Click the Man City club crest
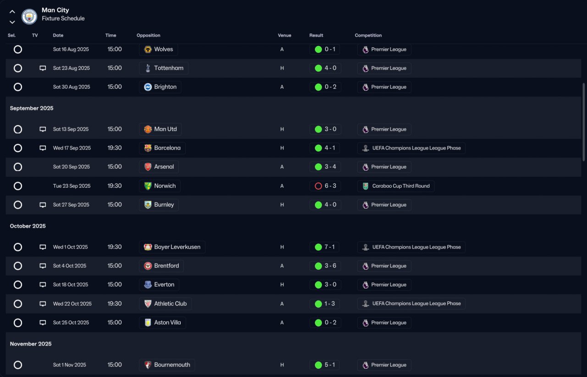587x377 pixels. (x=29, y=17)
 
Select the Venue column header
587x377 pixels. (x=284, y=35)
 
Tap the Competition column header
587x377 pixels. (x=368, y=35)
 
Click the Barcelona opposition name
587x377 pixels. (x=167, y=148)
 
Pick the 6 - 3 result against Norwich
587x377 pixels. (x=330, y=186)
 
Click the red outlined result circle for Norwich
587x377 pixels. (x=318, y=186)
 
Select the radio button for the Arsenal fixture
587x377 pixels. (x=18, y=167)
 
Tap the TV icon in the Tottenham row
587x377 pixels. (x=43, y=68)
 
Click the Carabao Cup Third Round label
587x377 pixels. (x=401, y=186)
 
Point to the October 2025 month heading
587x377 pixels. (x=28, y=226)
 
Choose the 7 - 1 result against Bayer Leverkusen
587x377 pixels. (x=329, y=247)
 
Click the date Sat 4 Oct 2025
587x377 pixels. (x=69, y=266)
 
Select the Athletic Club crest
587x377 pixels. (x=148, y=304)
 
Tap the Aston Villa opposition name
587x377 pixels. (x=167, y=322)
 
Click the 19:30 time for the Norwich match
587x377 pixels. (x=115, y=186)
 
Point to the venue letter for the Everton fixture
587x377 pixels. (x=282, y=285)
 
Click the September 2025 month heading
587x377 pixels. (x=32, y=108)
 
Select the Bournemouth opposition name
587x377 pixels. (x=172, y=365)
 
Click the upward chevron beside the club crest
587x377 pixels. (x=12, y=11)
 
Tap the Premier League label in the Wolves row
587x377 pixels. (x=388, y=49)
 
